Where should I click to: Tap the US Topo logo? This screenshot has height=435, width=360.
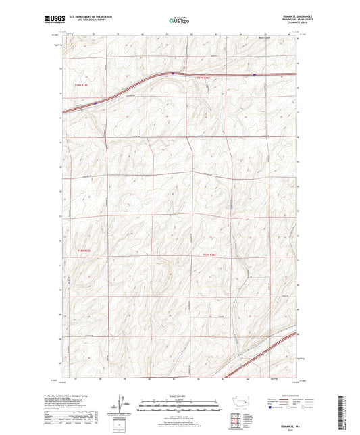pos(179,21)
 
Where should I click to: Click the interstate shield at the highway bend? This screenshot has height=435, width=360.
pos(173,74)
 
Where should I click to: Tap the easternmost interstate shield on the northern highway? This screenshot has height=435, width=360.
pos(254,75)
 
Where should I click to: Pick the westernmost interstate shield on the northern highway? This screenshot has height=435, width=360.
pos(95,103)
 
